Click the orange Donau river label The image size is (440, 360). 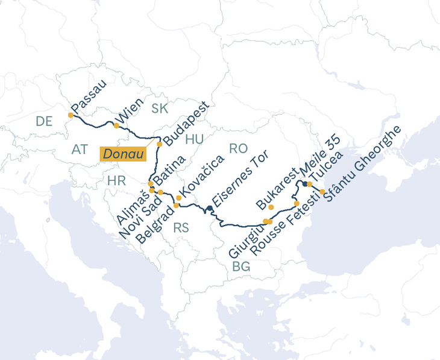coord(124,154)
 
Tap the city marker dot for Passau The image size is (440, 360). coord(71,115)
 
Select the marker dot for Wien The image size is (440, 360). coord(116,125)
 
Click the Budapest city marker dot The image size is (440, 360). coord(159,144)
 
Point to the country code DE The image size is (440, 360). coord(44,121)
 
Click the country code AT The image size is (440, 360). coord(80,150)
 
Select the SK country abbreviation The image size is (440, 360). coord(160,109)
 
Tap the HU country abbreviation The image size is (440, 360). coord(195,139)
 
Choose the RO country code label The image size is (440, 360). coord(238,148)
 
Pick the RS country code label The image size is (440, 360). coord(181,228)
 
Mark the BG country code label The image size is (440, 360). coord(241,266)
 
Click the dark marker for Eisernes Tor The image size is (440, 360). coord(209,208)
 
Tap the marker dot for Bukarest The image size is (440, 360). coord(271,207)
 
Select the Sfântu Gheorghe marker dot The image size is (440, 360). coord(322,192)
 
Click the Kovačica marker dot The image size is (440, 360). coord(178,197)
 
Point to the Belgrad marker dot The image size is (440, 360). coord(176,206)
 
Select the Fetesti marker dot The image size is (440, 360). coord(296,203)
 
